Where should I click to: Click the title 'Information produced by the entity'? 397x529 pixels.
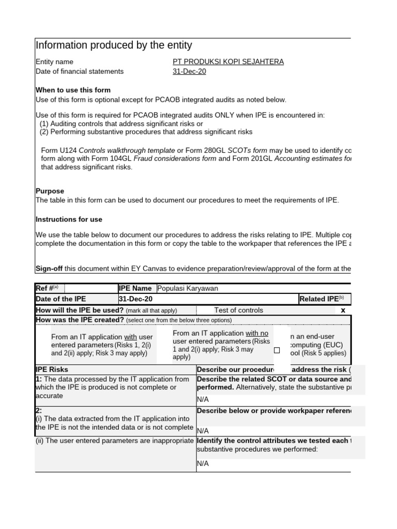[114, 45]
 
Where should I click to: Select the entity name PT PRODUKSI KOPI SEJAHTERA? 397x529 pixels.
[228, 62]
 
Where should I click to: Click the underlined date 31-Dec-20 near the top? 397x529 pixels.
[189, 72]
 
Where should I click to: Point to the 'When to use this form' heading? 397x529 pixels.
[73, 90]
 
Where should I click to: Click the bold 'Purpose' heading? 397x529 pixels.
[50, 191]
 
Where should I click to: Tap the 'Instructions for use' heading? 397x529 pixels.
[69, 220]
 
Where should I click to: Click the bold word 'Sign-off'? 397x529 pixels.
[49, 269]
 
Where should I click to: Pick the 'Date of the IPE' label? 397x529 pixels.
[60, 299]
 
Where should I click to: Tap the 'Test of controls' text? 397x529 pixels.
[238, 310]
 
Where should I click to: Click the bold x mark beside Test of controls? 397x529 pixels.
[342, 310]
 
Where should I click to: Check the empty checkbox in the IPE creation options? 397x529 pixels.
[277, 350]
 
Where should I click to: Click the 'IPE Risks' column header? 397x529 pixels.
[52, 370]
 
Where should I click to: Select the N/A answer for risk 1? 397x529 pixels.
[203, 399]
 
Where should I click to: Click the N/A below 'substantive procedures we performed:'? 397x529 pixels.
[203, 463]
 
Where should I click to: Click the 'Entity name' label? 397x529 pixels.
[54, 62]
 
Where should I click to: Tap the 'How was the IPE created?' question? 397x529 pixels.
[80, 320]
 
